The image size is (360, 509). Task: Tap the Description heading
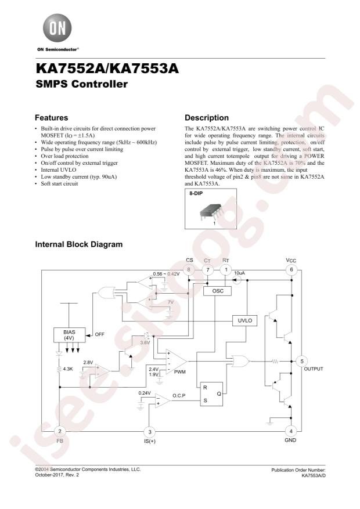(x=206, y=117)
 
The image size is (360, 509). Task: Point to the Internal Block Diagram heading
(x=79, y=244)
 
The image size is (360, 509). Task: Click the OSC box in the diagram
(x=217, y=292)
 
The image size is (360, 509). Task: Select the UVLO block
(x=243, y=320)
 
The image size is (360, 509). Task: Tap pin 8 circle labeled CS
(x=188, y=270)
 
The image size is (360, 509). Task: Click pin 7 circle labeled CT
(x=207, y=270)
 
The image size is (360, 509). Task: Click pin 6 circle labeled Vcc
(x=291, y=270)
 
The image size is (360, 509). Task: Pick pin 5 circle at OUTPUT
(x=301, y=361)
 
